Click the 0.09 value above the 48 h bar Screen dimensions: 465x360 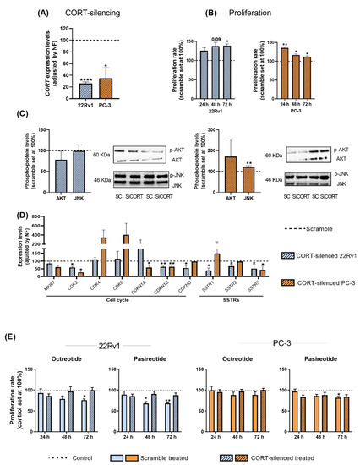(216, 39)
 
